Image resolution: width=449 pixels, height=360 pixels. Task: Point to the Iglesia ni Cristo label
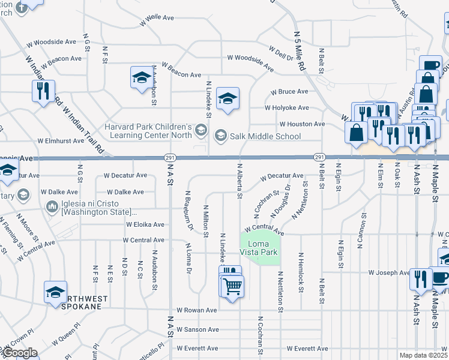pyautogui.click(x=91, y=208)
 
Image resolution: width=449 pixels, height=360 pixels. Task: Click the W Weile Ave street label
pyautogui.click(x=140, y=18)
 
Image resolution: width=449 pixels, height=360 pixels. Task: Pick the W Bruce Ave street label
pyautogui.click(x=289, y=92)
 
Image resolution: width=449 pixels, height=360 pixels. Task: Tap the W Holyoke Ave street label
pyautogui.click(x=287, y=108)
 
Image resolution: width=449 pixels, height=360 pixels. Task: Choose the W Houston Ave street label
pyautogui.click(x=302, y=124)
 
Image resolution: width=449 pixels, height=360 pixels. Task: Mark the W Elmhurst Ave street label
pyautogui.click(x=61, y=140)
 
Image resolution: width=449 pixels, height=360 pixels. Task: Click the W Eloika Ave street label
pyautogui.click(x=145, y=224)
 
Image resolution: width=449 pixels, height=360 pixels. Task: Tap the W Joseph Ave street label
pyautogui.click(x=388, y=272)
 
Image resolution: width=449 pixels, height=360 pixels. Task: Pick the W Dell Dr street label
pyautogui.click(x=281, y=54)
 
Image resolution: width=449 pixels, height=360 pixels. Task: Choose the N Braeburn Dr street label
pyautogui.click(x=188, y=210)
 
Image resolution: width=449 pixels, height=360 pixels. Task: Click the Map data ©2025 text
pyautogui.click(x=423, y=355)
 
